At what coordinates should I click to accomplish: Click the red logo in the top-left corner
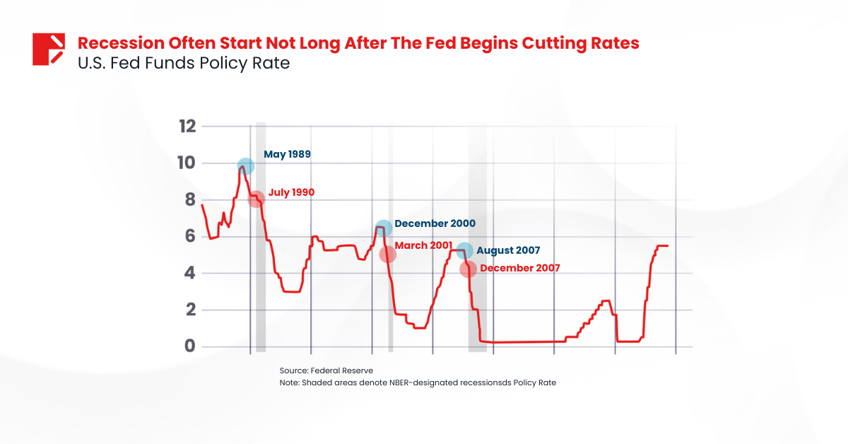[x=49, y=49]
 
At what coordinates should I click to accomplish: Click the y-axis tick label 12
[x=187, y=127]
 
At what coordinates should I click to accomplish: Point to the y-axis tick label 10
[x=187, y=163]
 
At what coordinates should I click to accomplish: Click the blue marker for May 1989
[x=245, y=167]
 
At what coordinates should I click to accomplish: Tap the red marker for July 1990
[x=257, y=199]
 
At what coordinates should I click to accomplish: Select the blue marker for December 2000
[x=383, y=228]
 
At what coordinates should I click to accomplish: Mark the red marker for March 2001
[x=387, y=255]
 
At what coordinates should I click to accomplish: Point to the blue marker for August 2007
[x=464, y=251]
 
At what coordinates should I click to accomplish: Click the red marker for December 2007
[x=468, y=269]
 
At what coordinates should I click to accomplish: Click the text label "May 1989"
[x=288, y=154]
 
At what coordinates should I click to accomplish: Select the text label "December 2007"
[x=519, y=268]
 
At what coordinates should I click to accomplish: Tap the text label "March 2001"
[x=423, y=245]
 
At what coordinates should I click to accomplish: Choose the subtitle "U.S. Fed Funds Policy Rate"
[x=183, y=63]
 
